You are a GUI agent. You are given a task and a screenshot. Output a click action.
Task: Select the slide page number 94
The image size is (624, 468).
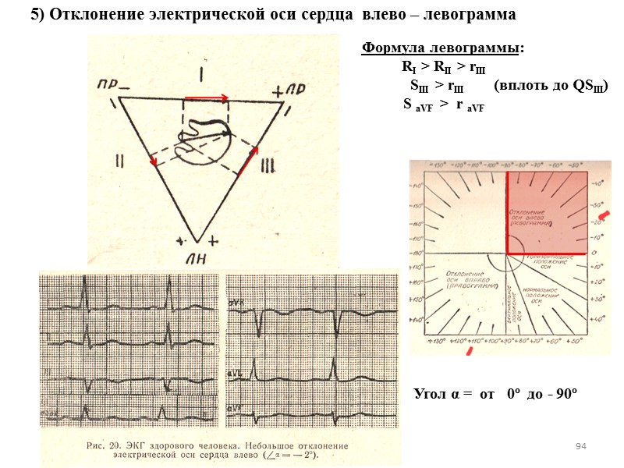[x=580, y=445]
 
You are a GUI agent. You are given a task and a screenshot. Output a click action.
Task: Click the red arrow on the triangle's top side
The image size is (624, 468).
[x=207, y=98]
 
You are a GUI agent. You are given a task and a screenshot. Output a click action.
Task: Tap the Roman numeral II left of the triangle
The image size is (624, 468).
[x=120, y=160]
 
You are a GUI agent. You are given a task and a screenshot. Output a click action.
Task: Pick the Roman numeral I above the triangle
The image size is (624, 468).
[x=201, y=75]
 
